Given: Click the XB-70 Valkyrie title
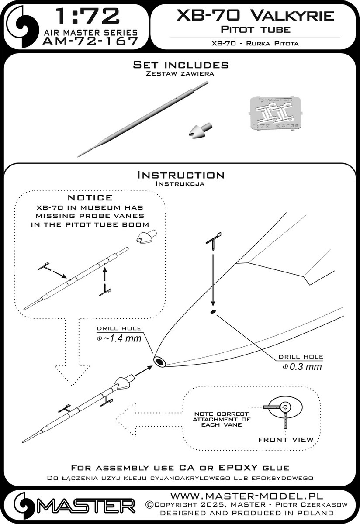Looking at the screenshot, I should pos(255,16).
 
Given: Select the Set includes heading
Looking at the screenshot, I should pos(180,65).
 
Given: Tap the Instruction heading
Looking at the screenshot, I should pos(180,175).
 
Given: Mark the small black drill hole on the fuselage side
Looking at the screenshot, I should pos(213,311).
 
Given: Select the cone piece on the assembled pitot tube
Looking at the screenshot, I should pos(123,383).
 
